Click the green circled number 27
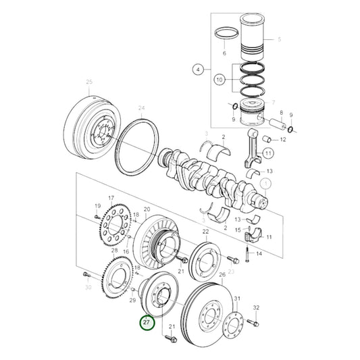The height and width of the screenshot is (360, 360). (147, 322)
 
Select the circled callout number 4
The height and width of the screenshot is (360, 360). (198, 69)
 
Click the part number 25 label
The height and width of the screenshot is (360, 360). (88, 83)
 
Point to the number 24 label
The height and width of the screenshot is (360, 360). (140, 108)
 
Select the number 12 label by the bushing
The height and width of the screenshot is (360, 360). (283, 139)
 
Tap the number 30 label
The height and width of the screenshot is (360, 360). (87, 288)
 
